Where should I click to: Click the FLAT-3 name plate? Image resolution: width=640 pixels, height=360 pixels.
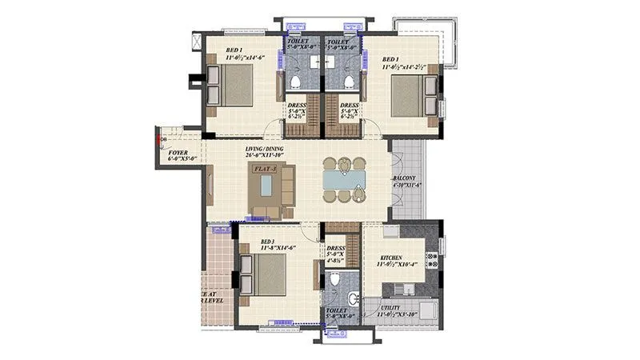[x=266, y=170]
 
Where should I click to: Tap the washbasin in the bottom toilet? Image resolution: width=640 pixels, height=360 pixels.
[x=354, y=300]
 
